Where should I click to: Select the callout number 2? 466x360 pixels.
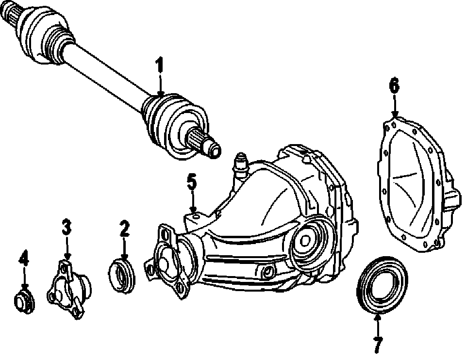pyautogui.click(x=125, y=229)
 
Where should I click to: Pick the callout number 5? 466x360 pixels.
pyautogui.click(x=192, y=182)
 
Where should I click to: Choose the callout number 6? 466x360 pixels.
pyautogui.click(x=394, y=86)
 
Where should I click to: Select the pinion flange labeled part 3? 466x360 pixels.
pyautogui.click(x=68, y=289)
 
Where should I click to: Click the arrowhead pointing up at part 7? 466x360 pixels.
pyautogui.click(x=378, y=316)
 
